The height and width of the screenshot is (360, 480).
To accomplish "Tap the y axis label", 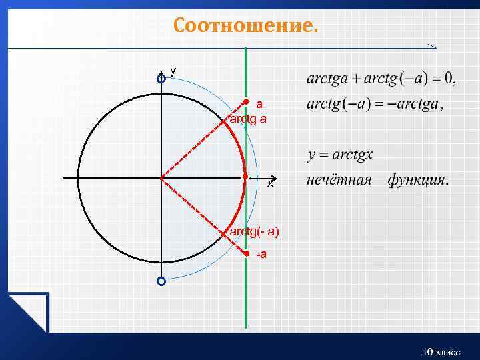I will pos(173,70).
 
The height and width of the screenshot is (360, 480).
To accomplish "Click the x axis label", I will pos(270,183).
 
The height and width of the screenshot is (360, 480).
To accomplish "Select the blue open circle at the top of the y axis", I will pos(161,79).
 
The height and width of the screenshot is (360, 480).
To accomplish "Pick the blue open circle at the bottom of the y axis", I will pos(161,281).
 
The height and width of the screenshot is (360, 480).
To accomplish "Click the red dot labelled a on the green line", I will pos(246,102).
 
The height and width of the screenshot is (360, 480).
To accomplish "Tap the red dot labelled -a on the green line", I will pos(246,255).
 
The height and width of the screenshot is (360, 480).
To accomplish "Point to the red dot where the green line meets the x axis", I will pos(245,177).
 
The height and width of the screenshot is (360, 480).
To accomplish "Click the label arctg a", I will pos(247,119).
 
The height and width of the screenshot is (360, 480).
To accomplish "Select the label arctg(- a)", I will pos(254,231).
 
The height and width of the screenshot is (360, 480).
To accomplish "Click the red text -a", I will pos(262,255).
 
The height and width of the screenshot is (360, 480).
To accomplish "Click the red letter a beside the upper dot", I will pos(259,104).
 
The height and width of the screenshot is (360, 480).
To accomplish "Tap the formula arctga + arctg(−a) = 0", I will pos(381,79).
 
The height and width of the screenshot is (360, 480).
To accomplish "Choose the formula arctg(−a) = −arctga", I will pos(375,105).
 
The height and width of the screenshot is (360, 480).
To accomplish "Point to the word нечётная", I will pos(339,181).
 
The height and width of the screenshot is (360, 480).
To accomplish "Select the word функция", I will pos(417,181).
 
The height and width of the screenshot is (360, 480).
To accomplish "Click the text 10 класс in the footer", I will pos(441,351).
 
